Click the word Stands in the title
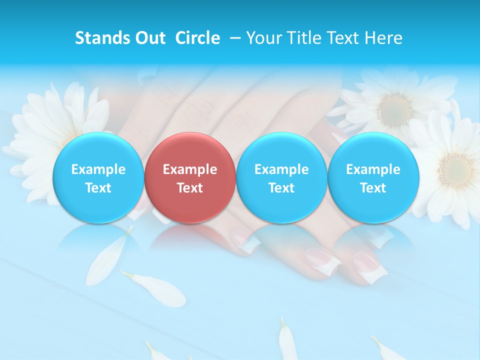click(98, 38)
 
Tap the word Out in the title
click(148, 38)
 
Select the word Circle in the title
click(197, 38)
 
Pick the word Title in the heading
click(304, 38)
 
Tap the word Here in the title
click(383, 38)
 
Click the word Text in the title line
click(344, 38)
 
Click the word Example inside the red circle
click(189, 169)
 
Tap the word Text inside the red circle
click(189, 188)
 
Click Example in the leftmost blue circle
click(98, 169)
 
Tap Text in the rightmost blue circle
click(373, 188)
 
